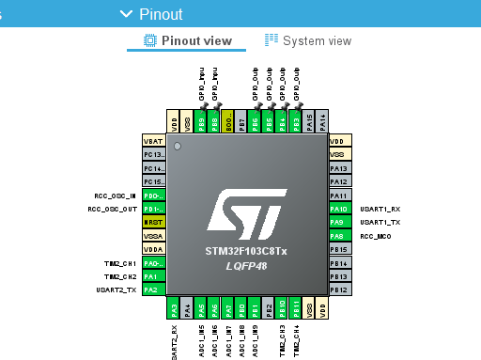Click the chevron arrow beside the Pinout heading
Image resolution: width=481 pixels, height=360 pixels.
pos(126,14)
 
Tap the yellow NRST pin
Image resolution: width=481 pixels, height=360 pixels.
pos(153,222)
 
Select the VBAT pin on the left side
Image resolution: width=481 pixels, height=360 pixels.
pos(153,140)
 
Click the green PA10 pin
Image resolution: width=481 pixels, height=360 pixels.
pos(340,209)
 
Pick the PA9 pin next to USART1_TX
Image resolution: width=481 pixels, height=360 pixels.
pos(340,222)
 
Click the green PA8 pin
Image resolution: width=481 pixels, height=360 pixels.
pos(340,236)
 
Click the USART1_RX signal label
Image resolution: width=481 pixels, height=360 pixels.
pos(380,210)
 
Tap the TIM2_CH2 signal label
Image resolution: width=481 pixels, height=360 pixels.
pos(120,277)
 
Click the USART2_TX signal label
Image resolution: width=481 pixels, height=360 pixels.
pos(118,290)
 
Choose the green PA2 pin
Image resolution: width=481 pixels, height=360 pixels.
pos(153,290)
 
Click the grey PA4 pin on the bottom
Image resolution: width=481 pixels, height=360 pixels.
pos(187,307)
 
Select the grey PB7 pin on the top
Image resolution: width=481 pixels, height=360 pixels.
pos(241,122)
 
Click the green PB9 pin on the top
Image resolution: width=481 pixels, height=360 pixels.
pos(201,122)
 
